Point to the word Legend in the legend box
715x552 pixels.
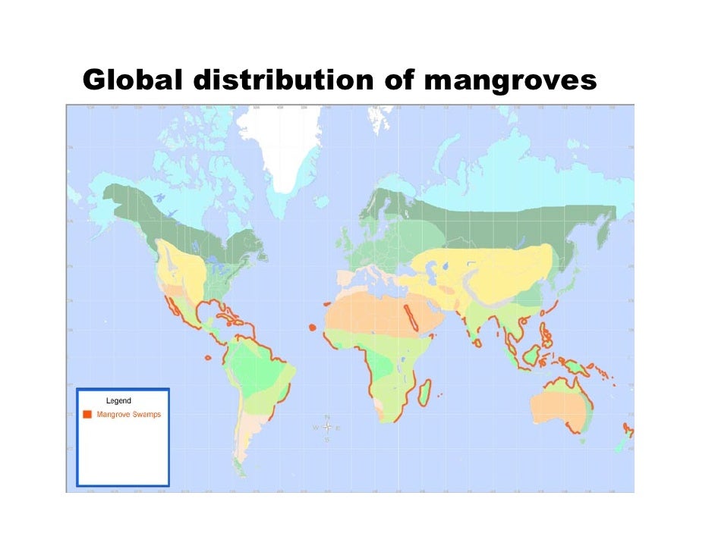click(x=118, y=400)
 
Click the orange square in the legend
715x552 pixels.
click(x=87, y=415)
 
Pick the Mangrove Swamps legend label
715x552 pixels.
click(x=128, y=415)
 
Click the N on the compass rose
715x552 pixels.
click(x=326, y=417)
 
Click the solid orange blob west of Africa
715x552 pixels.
click(x=312, y=327)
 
